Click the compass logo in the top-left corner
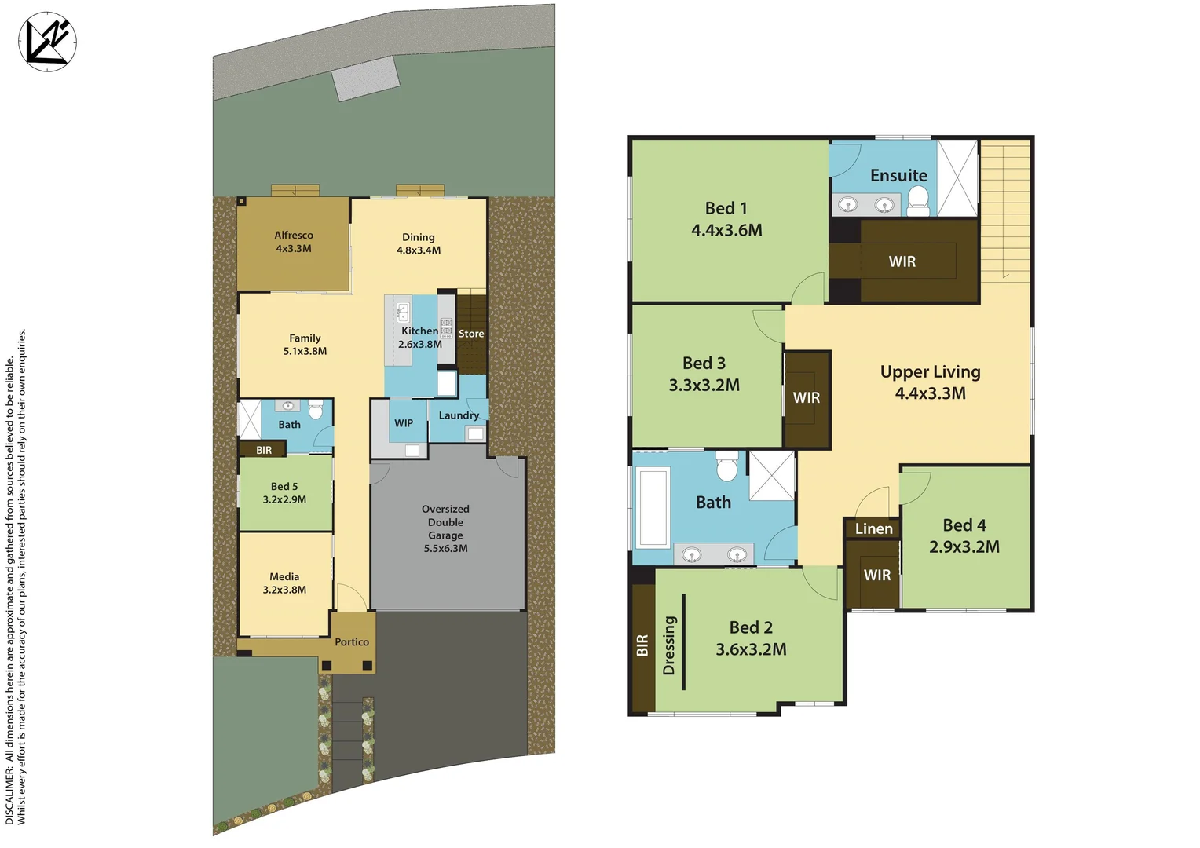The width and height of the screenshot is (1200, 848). click(47, 42)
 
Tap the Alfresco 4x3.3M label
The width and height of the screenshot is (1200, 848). click(294, 242)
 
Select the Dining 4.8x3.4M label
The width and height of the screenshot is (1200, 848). click(419, 243)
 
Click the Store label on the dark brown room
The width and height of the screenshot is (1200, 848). click(471, 334)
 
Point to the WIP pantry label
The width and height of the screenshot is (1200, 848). click(404, 423)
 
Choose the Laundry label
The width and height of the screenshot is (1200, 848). click(459, 415)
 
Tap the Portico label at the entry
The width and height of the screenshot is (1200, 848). click(352, 642)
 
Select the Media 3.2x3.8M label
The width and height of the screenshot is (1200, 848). click(284, 583)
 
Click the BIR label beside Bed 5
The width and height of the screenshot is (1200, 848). click(264, 451)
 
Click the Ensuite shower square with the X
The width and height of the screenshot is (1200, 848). click(957, 177)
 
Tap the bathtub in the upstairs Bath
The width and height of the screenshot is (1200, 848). click(653, 506)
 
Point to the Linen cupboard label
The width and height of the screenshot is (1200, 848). click(873, 528)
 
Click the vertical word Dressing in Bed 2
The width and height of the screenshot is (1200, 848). click(669, 645)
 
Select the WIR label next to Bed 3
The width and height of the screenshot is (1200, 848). click(807, 398)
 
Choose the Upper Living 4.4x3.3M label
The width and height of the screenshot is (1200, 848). click(931, 382)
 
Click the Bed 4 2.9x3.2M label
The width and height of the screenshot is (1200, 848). click(964, 536)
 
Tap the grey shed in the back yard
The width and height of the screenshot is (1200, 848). click(366, 79)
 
